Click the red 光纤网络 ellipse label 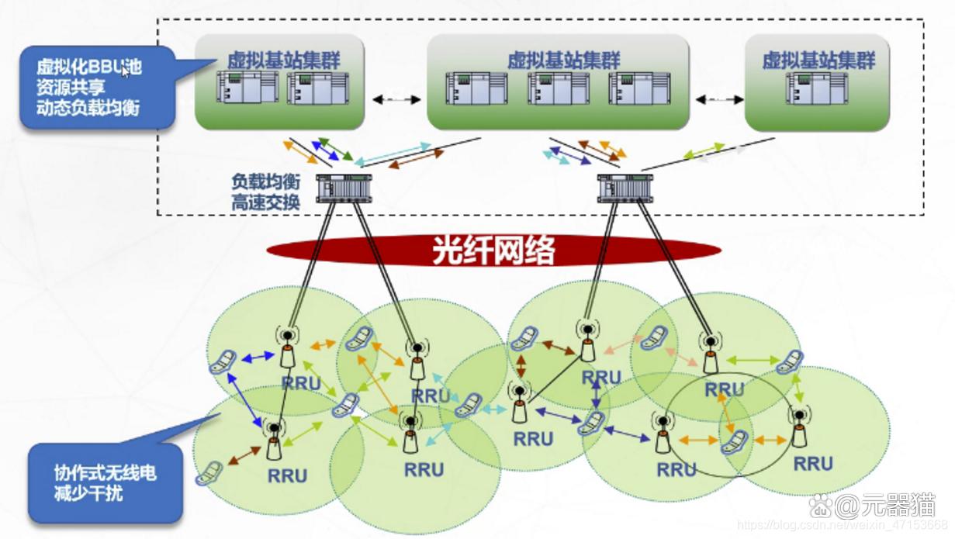pos(493,250)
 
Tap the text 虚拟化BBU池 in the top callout pos(88,67)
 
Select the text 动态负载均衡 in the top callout pos(87,108)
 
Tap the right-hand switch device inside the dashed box pos(625,188)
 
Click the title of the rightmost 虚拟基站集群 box pos(818,60)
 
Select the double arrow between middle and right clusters pos(718,99)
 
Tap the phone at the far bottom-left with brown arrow pos(209,472)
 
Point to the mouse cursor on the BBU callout pos(124,72)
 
